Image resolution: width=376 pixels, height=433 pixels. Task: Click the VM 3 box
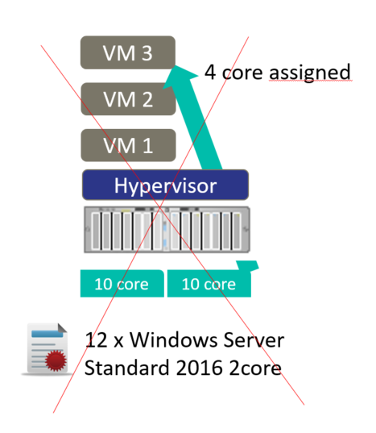[x=128, y=52]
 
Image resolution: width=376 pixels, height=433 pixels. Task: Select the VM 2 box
[x=128, y=99]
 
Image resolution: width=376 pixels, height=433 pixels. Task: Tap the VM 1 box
[x=128, y=145]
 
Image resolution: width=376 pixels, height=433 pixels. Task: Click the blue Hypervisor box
[x=165, y=185]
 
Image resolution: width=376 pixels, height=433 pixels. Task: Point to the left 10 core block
[x=122, y=284]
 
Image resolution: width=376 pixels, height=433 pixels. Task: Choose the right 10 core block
[x=209, y=284]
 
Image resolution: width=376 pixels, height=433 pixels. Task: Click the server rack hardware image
[x=167, y=230]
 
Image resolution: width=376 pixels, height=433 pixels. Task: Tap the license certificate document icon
[x=48, y=349]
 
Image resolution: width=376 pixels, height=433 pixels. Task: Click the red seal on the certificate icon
[x=56, y=360]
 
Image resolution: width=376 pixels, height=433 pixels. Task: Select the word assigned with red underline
[x=310, y=73]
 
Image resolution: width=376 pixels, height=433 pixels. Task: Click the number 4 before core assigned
[x=210, y=73]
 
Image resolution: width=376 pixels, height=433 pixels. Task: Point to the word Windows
[x=174, y=339]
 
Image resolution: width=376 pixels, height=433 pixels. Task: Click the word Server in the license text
[x=254, y=339]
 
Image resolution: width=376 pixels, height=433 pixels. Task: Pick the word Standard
[x=126, y=368]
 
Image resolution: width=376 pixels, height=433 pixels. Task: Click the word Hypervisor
[x=165, y=185]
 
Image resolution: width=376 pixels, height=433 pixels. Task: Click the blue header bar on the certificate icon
[x=48, y=334]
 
